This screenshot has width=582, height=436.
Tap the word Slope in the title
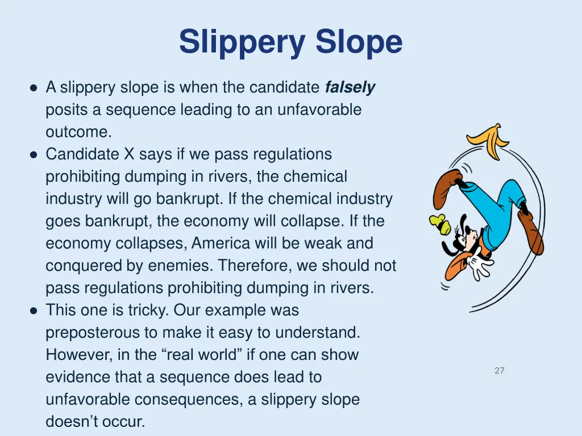coord(359,43)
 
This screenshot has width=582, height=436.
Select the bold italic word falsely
coord(350,87)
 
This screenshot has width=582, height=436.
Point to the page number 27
coord(500,371)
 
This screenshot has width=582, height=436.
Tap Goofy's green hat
coord(440,223)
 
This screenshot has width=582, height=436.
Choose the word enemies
coord(184,266)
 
